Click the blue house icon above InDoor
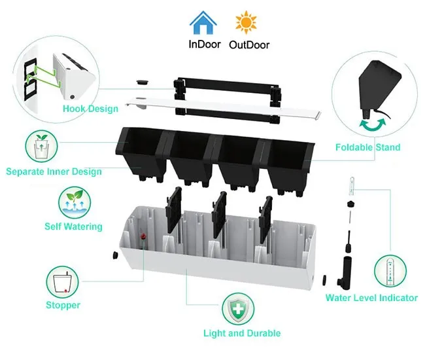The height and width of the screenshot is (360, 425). pos(203,22)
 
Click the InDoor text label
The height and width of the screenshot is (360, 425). pos(204,45)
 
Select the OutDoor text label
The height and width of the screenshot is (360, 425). pos(249,45)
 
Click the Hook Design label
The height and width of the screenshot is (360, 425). pos(90,109)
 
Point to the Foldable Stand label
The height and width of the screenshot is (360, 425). pos(367,147)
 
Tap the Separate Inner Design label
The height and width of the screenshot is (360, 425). pos(54,171)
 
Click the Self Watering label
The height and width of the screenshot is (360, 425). pos(73,226)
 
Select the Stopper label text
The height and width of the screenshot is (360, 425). pos(63,305)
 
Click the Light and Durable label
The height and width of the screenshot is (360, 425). pos(241,333)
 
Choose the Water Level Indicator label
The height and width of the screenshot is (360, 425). pos(371,298)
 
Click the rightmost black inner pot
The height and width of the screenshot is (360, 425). pos(288,160)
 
